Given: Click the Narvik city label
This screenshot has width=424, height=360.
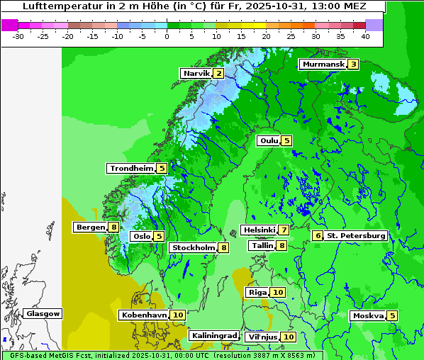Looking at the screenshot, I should [196, 73].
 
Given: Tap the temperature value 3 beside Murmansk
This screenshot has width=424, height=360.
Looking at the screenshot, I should [352, 64].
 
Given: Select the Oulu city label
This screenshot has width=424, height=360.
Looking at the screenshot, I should [268, 140].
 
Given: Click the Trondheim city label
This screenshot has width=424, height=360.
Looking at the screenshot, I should [131, 168].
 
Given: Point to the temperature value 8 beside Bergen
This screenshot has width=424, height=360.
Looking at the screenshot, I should [113, 227].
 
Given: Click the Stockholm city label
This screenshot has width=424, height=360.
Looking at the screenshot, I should [193, 247].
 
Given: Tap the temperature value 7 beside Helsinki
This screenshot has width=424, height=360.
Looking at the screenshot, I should [284, 230].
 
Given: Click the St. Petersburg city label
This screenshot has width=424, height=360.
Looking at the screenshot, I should [356, 235].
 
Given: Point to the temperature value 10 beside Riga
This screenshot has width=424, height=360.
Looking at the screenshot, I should [277, 292].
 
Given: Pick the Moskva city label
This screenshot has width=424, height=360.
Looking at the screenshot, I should [368, 315].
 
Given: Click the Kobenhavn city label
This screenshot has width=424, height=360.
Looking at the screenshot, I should [143, 315].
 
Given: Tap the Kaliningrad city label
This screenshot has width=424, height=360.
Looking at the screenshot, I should [213, 335].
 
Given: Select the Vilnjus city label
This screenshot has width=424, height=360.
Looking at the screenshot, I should [262, 337].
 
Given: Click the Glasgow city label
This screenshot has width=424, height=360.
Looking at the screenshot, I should [43, 313].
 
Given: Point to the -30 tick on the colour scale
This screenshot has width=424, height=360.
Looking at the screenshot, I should [18, 35].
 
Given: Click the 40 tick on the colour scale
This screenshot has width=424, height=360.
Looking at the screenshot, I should [365, 35].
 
